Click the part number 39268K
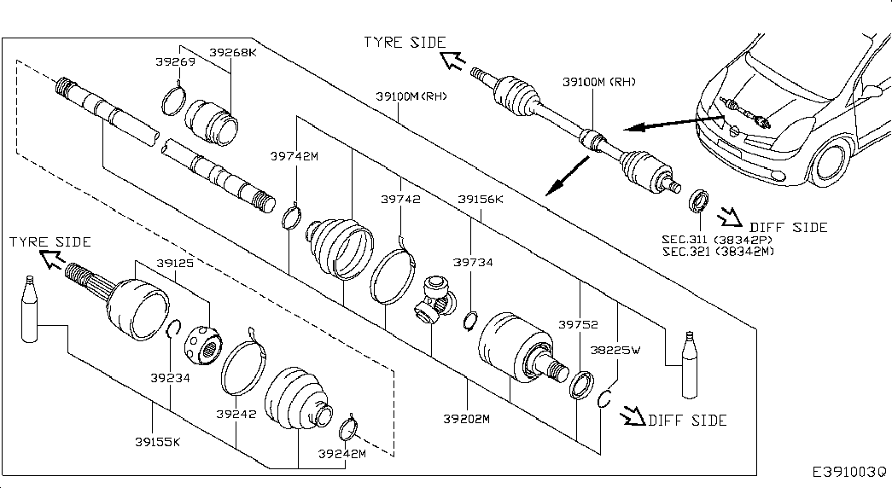(233, 52)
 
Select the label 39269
(175, 61)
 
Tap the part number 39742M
(294, 156)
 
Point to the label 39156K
(481, 199)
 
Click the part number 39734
(473, 262)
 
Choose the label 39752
(578, 324)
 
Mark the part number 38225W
(615, 350)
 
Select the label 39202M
(466, 419)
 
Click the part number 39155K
(158, 441)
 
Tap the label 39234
(170, 378)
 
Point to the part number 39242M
(342, 453)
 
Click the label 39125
(175, 263)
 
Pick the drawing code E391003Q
(848, 472)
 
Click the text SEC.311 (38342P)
(717, 240)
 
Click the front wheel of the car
(830, 163)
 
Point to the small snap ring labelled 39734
(469, 321)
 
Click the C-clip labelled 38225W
(603, 398)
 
